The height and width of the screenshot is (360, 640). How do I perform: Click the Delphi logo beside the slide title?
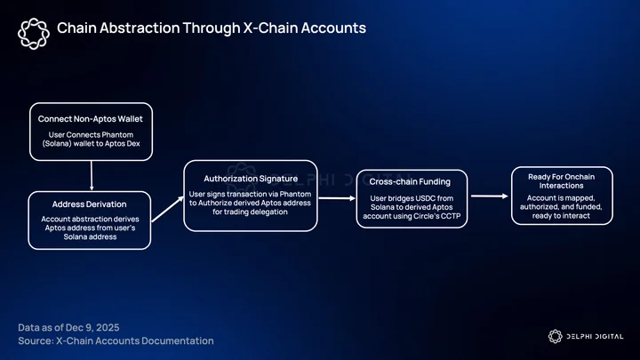coord(34,34)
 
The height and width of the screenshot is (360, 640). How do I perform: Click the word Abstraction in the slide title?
coord(140,28)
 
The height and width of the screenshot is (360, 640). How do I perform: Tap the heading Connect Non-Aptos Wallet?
coord(90,119)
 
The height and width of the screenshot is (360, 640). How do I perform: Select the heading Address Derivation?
coord(89,204)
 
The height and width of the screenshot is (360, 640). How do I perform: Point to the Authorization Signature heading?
coord(251,179)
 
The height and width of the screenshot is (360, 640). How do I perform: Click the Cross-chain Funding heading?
coord(410,181)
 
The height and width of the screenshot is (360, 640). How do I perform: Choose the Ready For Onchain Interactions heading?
coord(561,180)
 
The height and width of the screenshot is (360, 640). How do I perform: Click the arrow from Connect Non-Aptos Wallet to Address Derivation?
coord(92,175)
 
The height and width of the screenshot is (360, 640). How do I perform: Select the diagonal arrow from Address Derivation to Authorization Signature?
coord(168,209)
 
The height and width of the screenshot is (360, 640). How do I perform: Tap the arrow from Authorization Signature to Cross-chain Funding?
coord(337,198)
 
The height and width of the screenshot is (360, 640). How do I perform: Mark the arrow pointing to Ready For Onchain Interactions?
coord(490,196)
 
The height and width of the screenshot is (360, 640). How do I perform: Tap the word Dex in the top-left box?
coord(133,144)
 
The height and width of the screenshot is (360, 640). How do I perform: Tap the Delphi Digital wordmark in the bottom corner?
coord(586,336)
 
